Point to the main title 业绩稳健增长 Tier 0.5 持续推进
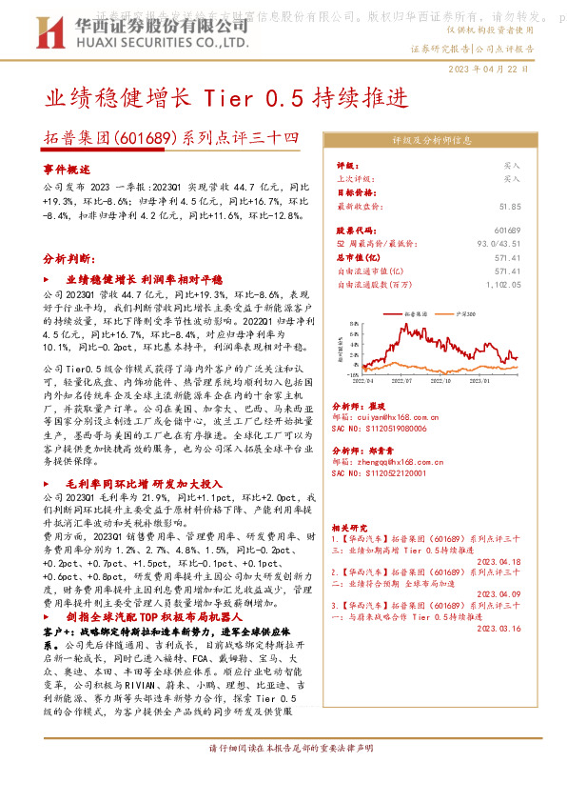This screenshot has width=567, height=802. click(x=226, y=98)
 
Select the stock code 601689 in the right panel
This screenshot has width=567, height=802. click(x=508, y=231)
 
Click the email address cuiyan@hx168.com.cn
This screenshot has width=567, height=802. click(x=384, y=417)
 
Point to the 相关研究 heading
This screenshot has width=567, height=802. click(x=349, y=527)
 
